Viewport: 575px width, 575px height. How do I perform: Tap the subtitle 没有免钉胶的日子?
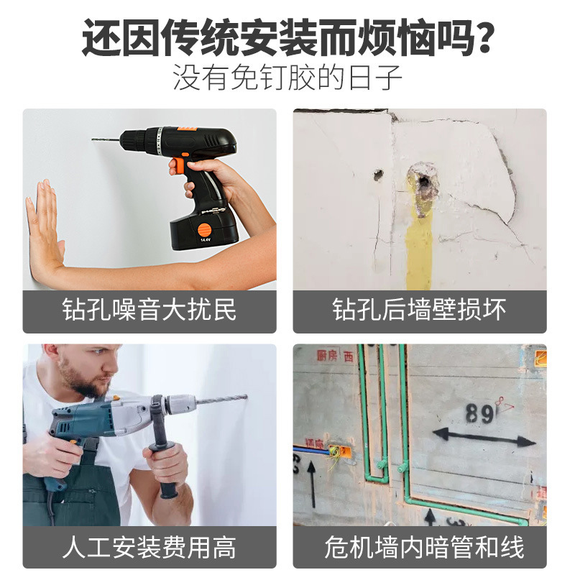pyautogui.click(x=287, y=78)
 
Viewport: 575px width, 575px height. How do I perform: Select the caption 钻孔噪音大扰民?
pyautogui.click(x=149, y=311)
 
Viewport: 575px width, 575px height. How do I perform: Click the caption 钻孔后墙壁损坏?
pyautogui.click(x=419, y=311)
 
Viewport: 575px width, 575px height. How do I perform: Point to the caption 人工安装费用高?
pyautogui.click(x=149, y=548)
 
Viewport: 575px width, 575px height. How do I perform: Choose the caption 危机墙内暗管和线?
pyautogui.click(x=419, y=548)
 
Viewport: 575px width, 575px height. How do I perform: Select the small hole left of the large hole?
pyautogui.click(x=377, y=174)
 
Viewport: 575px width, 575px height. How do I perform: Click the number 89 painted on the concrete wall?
pyautogui.click(x=479, y=413)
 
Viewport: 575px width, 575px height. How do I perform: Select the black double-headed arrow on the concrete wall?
pyautogui.click(x=484, y=436)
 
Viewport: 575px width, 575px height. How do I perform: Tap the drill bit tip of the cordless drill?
pyautogui.click(x=94, y=139)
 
